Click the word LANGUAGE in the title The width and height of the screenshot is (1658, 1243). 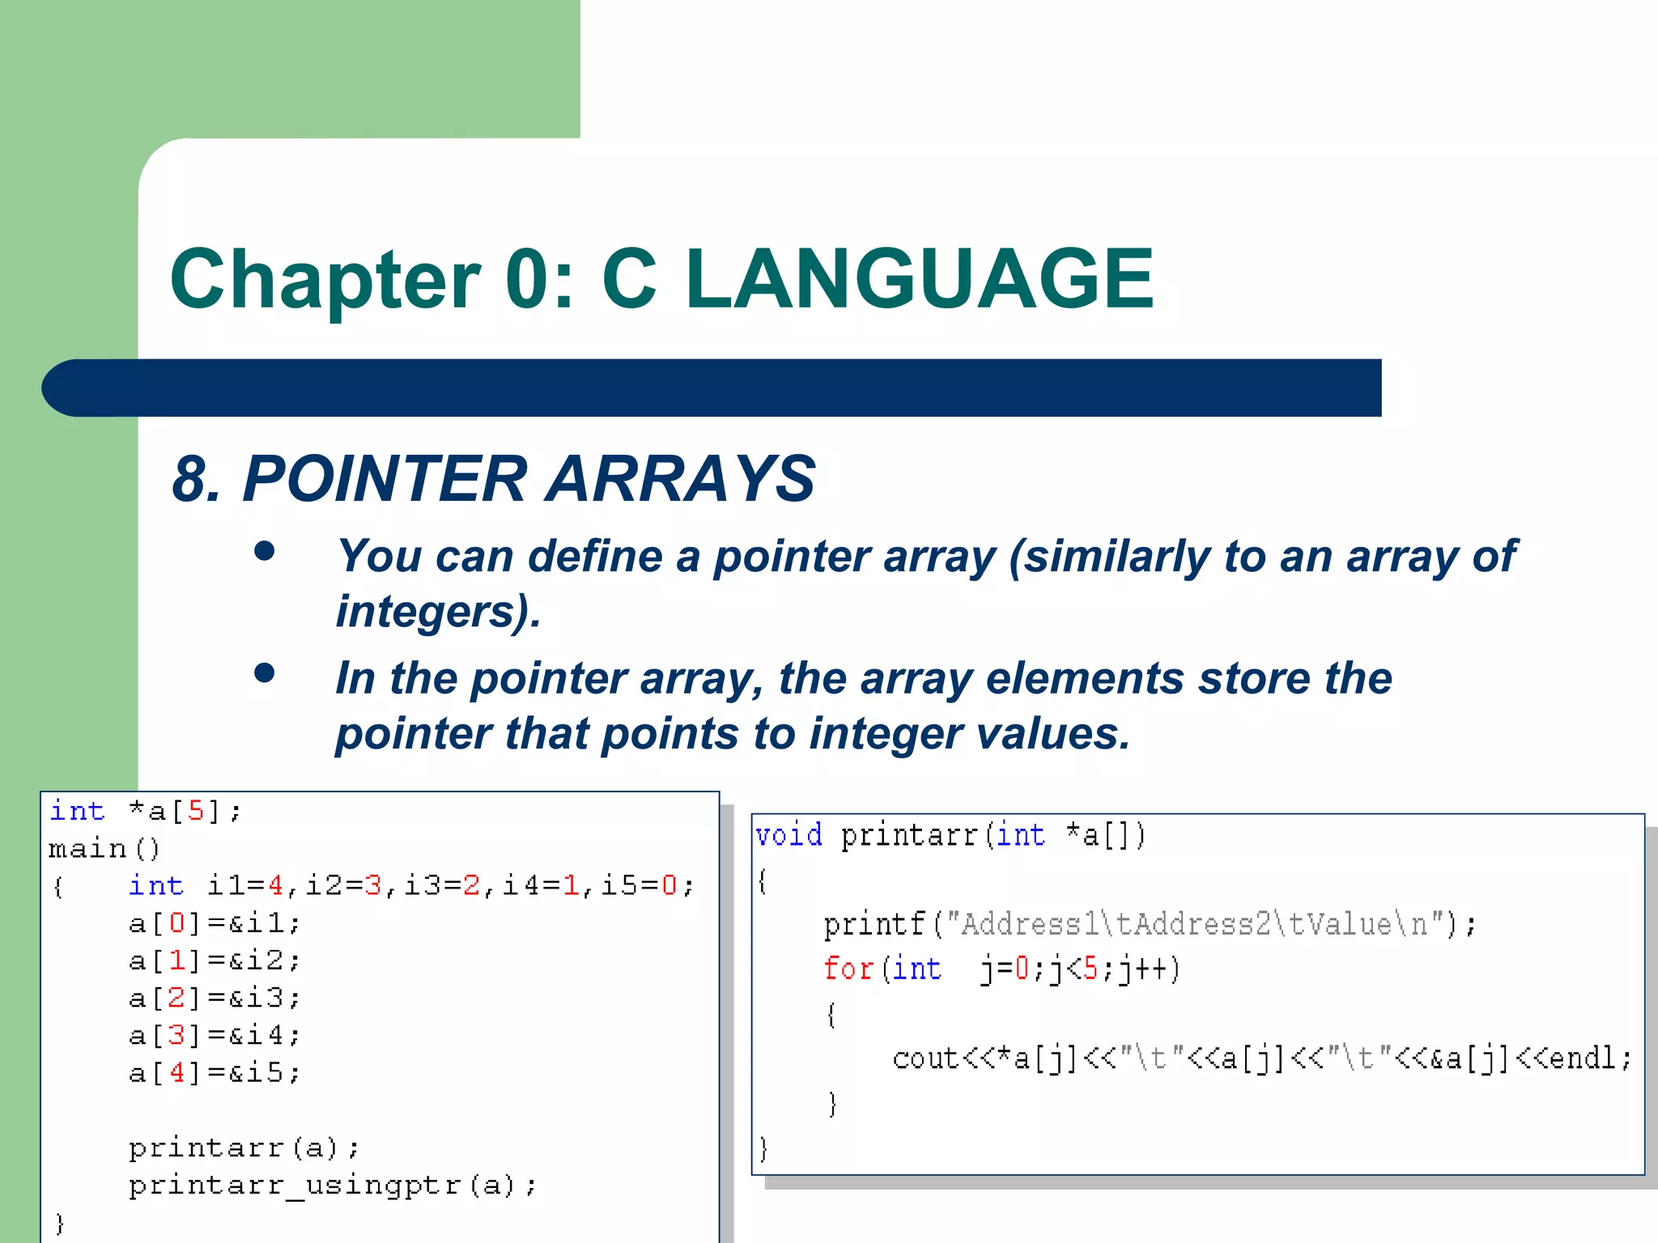920,279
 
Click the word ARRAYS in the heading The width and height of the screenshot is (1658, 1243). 681,478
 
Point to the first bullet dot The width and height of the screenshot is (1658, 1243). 265,551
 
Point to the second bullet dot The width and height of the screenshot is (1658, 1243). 265,672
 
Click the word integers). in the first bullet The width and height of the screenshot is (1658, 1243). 438,611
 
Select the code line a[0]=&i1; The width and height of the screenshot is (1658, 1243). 215,923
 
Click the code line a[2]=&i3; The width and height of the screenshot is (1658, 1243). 215,998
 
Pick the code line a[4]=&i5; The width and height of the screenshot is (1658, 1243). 215,1073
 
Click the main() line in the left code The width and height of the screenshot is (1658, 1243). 104,849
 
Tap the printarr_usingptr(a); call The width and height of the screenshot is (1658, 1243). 332,1186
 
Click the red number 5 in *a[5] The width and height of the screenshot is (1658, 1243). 196,811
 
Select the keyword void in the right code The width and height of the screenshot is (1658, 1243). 789,835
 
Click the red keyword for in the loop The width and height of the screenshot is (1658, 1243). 848,969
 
